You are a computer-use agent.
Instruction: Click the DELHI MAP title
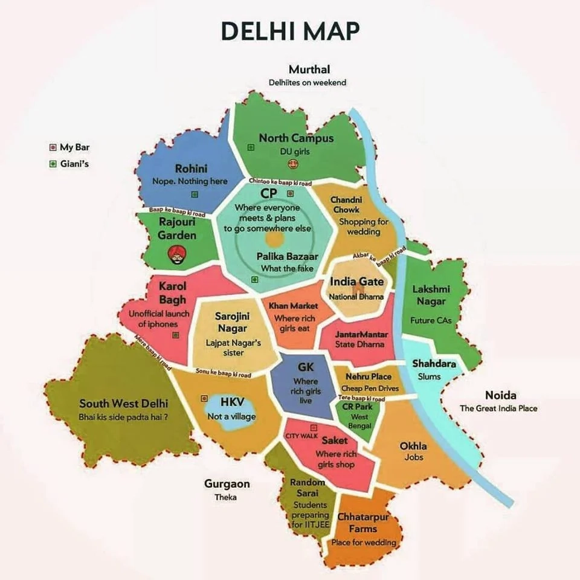pos(290,30)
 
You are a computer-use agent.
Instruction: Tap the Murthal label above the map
pos(309,69)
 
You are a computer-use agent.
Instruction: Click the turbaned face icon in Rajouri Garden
pos(176,254)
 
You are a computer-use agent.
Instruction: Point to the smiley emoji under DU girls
pos(294,163)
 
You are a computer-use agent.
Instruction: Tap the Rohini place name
pos(191,169)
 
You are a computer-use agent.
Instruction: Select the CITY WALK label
pos(301,436)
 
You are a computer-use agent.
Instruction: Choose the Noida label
pos(501,395)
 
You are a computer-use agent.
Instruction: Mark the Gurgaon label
pos(227,484)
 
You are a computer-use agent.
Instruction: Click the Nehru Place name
pos(369,376)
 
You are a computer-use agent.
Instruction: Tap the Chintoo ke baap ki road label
pos(280,182)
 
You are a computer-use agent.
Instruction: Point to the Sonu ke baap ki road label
pos(223,373)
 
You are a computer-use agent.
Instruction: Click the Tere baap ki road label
pos(361,399)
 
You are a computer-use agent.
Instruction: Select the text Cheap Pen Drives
pos(370,388)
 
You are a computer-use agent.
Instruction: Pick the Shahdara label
pos(434,364)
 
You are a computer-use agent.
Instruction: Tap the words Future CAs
pos(431,320)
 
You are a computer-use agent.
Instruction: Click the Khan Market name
pos(294,306)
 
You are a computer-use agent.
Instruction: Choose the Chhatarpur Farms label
pos(363,523)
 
